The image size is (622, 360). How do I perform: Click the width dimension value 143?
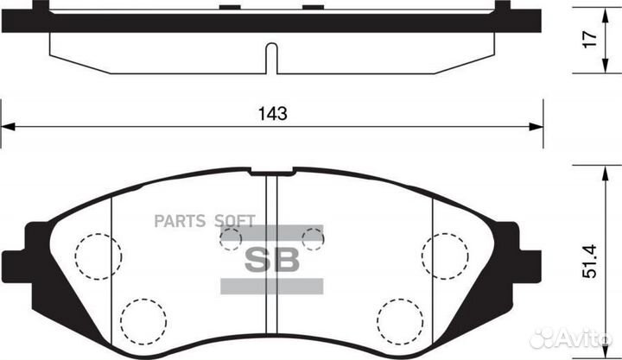coord(273,113)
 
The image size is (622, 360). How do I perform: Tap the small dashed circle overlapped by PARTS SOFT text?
coord(231,238)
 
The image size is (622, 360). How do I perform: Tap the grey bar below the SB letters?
coord(271,285)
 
